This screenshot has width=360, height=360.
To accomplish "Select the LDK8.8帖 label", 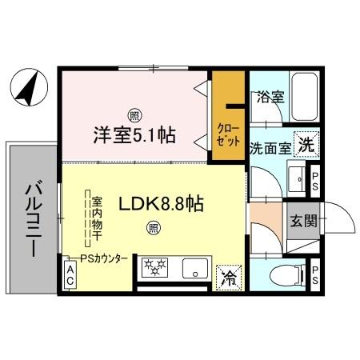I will [161, 204].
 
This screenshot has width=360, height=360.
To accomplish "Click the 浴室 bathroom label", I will [270, 98].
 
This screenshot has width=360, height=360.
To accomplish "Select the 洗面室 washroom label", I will [270, 147].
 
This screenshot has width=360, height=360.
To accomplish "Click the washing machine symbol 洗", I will [306, 145].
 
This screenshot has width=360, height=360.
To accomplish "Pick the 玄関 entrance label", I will [302, 220].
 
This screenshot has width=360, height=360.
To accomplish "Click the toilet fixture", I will [282, 275].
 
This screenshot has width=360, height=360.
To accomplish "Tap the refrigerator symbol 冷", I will [229, 278].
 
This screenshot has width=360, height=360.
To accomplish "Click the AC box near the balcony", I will [70, 278].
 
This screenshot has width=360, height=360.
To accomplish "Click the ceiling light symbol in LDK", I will [152, 229].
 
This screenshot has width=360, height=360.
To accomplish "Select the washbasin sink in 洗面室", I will [294, 179].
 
